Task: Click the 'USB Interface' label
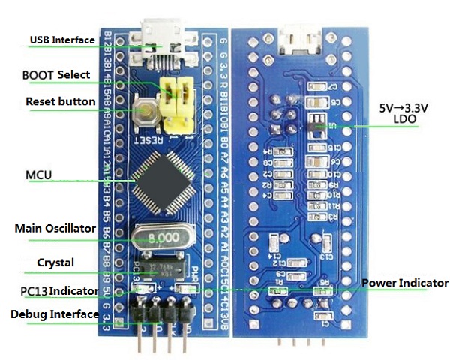click(x=62, y=40)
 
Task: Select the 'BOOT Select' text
click(x=56, y=75)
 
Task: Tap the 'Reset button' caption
click(x=60, y=101)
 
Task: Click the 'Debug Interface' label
click(x=54, y=313)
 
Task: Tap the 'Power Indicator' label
click(x=405, y=283)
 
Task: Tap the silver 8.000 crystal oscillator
click(x=163, y=236)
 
